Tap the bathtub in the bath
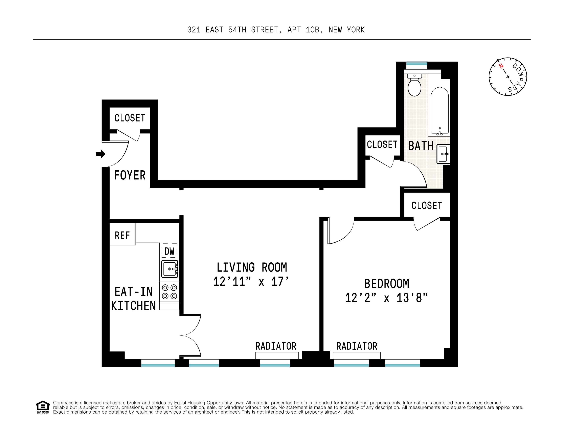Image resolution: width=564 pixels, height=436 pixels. (439, 111)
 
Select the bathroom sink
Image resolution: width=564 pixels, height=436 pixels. (443, 154)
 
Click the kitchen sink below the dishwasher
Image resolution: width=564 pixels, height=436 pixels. (170, 269)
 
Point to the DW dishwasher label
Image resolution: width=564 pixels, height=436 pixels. (170, 251)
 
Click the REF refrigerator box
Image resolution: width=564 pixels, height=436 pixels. (123, 235)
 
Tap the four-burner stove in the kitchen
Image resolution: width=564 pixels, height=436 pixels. (170, 292)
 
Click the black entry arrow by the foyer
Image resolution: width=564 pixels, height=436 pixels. (101, 154)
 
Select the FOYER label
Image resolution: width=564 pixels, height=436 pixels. (130, 175)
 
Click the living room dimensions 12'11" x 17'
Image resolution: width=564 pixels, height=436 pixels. (251, 282)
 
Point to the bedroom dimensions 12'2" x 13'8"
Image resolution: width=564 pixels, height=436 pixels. (386, 298)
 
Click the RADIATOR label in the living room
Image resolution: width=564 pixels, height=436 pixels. (276, 346)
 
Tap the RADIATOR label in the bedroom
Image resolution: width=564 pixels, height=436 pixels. (357, 346)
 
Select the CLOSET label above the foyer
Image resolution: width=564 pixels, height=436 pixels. (130, 118)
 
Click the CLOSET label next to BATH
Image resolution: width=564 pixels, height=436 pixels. (382, 145)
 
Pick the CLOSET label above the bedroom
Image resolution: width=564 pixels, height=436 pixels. (427, 206)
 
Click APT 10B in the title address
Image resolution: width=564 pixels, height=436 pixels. (304, 30)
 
